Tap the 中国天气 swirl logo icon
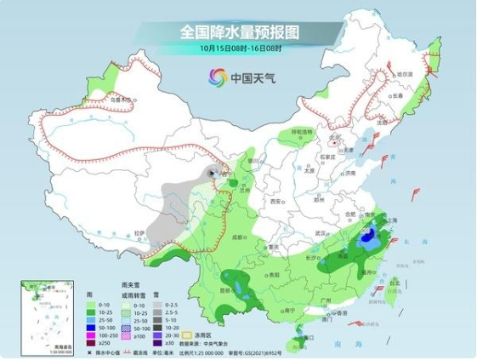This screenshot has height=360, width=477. tap(218, 78)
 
